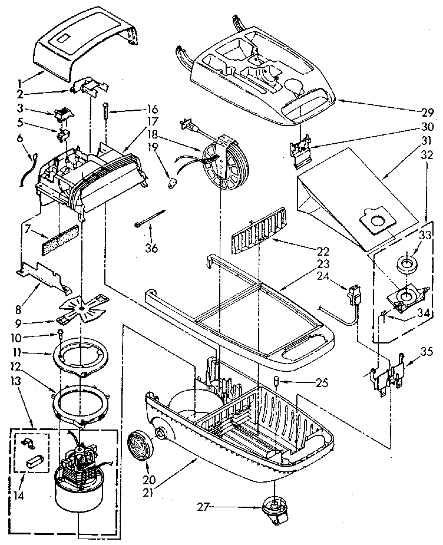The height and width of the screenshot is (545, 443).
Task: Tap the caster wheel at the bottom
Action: (x=275, y=508)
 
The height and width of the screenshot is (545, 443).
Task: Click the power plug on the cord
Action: (x=187, y=125)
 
